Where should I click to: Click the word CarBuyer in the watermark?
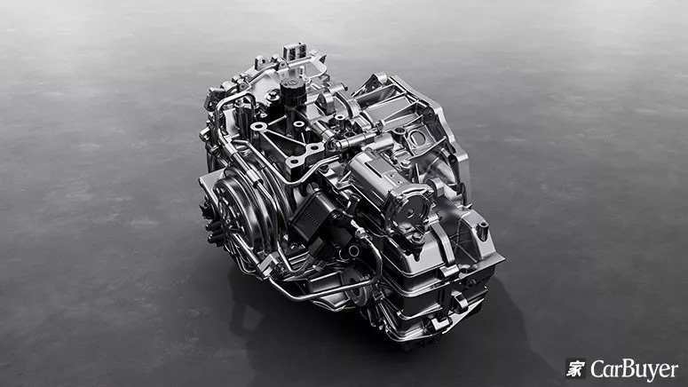[x=634, y=369]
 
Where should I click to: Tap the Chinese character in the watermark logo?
[x=575, y=368]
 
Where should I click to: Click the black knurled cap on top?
[x=289, y=91]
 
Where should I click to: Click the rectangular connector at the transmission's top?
[x=294, y=51]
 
